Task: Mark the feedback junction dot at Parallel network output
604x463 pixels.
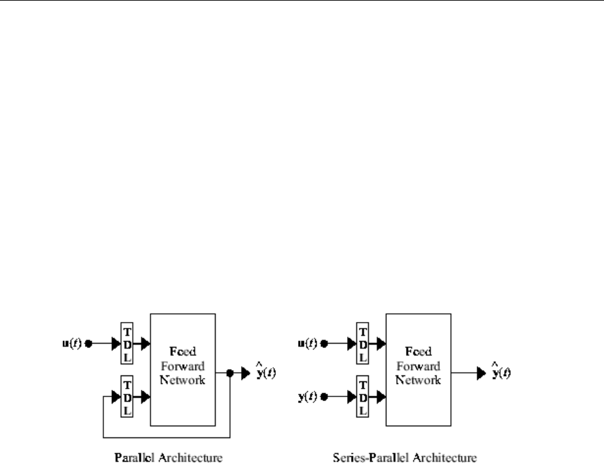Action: (x=231, y=374)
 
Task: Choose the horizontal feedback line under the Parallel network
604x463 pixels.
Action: (x=167, y=436)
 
